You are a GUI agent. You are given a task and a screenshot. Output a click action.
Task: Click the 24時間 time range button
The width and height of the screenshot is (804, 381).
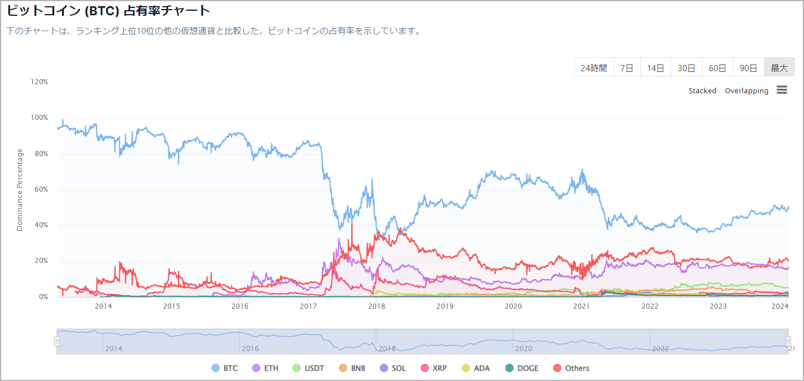(x=593, y=68)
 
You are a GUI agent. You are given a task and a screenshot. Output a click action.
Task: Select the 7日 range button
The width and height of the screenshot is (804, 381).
(x=627, y=68)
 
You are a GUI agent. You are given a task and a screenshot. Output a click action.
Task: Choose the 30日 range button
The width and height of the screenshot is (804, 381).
(x=686, y=68)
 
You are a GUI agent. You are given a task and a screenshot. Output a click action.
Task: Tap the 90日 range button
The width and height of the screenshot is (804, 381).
(x=748, y=68)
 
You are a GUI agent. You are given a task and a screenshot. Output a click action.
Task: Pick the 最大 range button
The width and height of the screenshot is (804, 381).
(x=779, y=68)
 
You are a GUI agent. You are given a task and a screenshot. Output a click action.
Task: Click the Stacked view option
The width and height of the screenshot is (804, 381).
(x=702, y=90)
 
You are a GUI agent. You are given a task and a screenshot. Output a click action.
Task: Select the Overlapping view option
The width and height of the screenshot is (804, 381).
(x=746, y=90)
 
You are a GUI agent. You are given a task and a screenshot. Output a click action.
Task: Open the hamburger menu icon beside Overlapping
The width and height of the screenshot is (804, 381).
(x=782, y=90)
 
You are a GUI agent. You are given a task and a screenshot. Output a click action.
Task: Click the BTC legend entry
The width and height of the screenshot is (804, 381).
(x=225, y=368)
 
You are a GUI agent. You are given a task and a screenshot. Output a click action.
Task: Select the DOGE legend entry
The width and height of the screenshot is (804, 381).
(x=522, y=368)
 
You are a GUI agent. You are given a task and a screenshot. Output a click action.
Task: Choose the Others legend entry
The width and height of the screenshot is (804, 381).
(x=571, y=368)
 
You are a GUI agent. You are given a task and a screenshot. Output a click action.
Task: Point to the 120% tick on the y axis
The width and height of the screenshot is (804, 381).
(x=40, y=82)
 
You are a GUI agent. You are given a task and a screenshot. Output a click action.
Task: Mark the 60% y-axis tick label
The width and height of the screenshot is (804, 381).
(x=41, y=189)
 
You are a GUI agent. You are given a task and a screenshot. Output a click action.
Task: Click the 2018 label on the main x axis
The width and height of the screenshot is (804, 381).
(x=377, y=306)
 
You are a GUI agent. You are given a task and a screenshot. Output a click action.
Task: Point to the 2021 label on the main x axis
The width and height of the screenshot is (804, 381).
(x=582, y=306)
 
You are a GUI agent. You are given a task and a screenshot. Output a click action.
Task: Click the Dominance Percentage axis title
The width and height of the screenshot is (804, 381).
(x=20, y=189)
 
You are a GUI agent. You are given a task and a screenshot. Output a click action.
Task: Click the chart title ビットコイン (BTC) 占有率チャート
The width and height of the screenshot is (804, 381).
(x=108, y=10)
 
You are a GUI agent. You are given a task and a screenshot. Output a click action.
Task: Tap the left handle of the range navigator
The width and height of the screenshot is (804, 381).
(x=56, y=341)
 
